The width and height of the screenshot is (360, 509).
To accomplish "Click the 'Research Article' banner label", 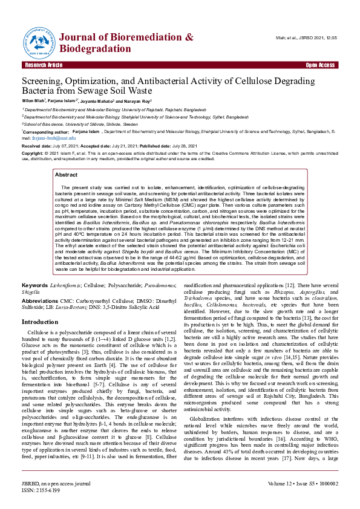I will (44, 65).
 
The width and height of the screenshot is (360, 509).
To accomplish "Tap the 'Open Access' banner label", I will (320, 65).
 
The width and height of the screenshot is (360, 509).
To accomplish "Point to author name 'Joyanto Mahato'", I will (96, 101).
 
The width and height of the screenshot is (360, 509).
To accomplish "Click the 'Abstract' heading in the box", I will (66, 174).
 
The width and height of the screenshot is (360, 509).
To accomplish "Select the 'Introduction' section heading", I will (40, 322).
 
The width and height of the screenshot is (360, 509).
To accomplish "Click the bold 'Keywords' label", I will (34, 284).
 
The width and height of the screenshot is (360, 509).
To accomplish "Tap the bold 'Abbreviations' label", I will (40, 300).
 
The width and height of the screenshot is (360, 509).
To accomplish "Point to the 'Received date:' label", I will (36, 146).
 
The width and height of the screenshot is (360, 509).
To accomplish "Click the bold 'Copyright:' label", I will (33, 154).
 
